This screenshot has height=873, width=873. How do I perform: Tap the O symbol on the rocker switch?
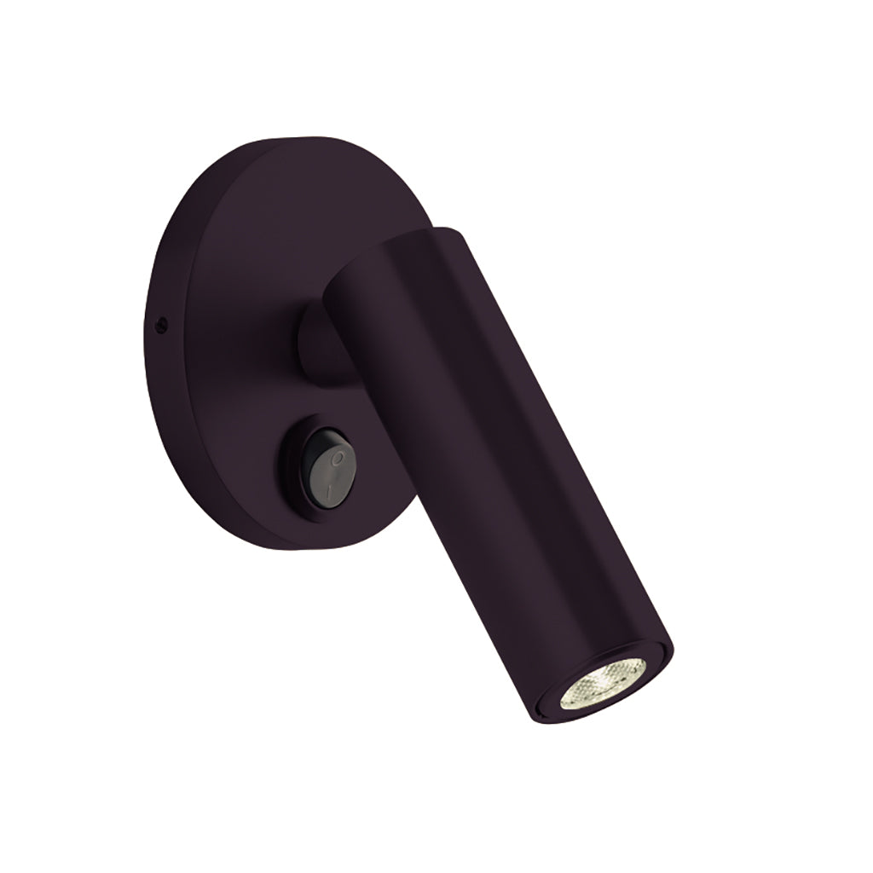(338, 459)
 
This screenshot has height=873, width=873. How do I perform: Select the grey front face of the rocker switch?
(334, 472)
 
